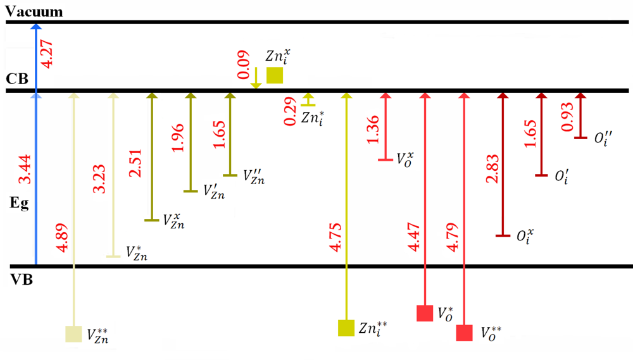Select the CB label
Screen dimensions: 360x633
[16, 79]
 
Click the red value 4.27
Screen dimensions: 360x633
[47, 56]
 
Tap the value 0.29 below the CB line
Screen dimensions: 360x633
[291, 113]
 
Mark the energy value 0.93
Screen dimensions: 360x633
[568, 118]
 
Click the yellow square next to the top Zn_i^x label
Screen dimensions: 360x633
[275, 75]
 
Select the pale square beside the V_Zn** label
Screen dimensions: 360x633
[74, 334]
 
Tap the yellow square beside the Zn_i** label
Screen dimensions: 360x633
[346, 328]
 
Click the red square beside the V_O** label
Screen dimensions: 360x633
[465, 333]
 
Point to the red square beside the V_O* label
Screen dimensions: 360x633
[425, 313]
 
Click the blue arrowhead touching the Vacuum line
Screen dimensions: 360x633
[36, 27]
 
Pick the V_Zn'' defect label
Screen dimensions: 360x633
[254, 176]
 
